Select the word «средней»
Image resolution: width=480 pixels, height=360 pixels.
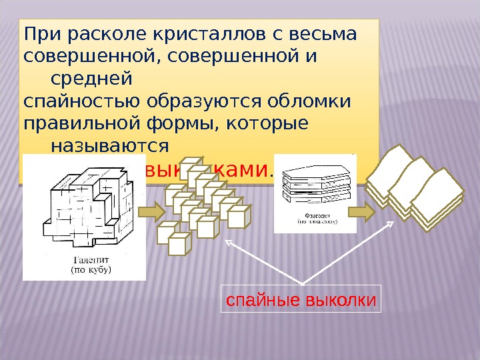pos(91,80)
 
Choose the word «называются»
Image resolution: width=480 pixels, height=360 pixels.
pos(109,147)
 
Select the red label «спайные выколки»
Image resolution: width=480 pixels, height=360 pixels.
pos(301,300)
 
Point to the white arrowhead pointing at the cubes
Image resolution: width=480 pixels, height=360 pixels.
pos(231,244)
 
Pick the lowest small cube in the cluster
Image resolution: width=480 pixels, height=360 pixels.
pos(179,244)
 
